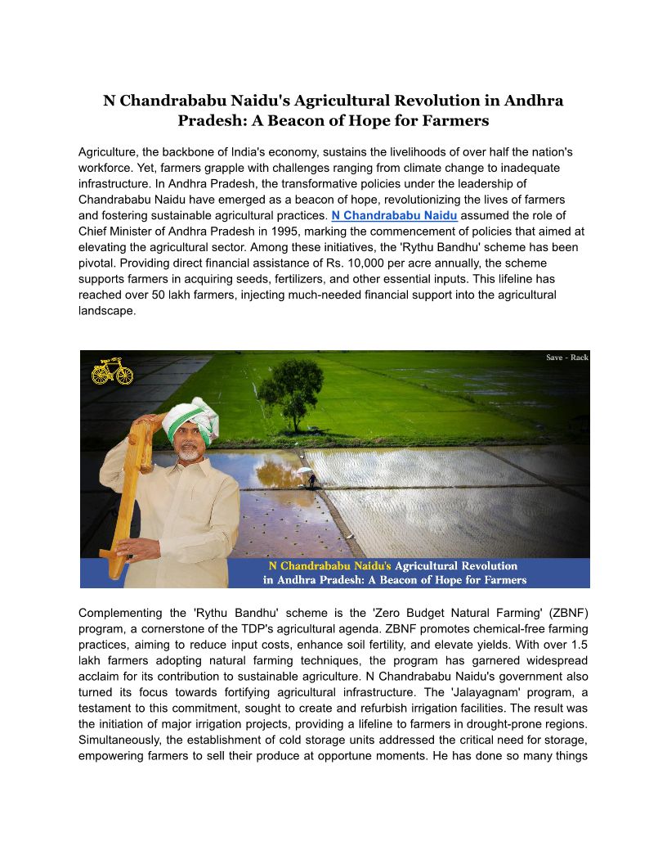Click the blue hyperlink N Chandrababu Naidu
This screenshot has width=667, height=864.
(394, 215)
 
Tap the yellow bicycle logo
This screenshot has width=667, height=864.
(112, 371)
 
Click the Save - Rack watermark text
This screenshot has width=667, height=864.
(566, 358)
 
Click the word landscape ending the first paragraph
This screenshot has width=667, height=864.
(106, 311)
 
